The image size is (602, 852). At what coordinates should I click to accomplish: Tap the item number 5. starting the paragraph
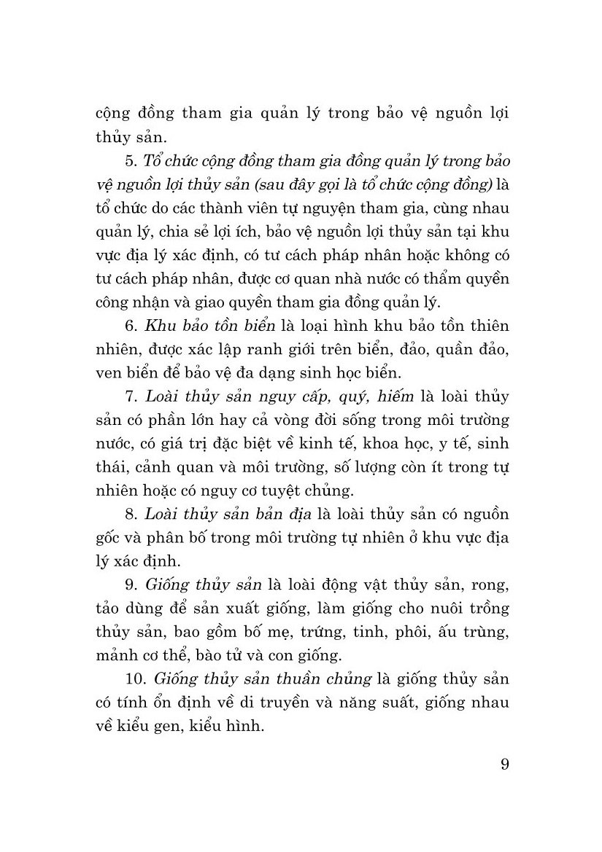coord(131,160)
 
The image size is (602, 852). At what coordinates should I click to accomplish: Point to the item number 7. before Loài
coord(131,397)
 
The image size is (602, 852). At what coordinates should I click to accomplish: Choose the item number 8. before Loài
coord(131,515)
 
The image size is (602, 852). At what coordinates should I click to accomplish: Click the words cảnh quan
coord(164,468)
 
